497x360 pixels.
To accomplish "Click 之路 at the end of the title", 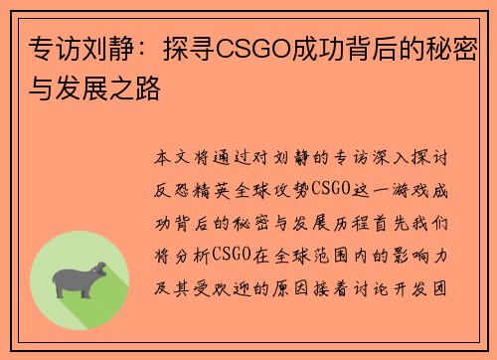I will click(140, 91).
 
